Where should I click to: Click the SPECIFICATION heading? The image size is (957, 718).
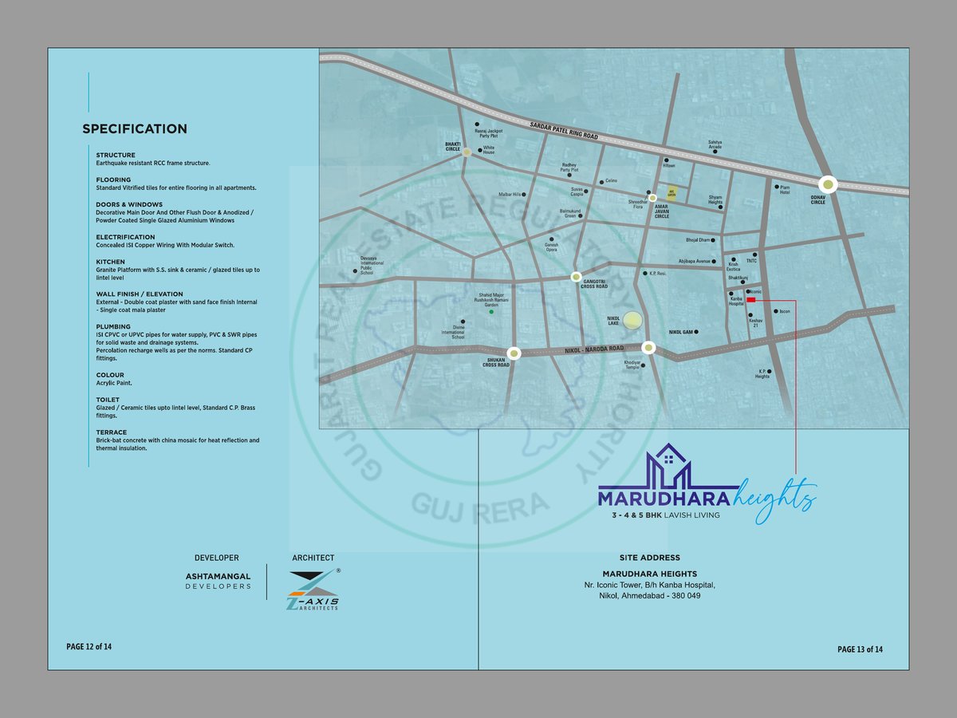[x=135, y=129]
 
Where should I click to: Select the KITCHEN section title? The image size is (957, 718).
[x=110, y=262]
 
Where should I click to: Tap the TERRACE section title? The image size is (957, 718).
[x=111, y=432]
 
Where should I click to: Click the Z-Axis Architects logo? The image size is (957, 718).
[x=313, y=590]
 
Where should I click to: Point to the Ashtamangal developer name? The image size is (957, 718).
[x=218, y=576]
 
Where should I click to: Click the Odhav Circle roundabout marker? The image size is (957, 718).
[x=828, y=185]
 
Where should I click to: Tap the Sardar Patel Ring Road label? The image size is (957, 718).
[x=564, y=131]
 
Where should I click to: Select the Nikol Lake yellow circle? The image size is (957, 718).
[x=632, y=321]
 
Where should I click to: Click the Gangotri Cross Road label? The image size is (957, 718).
[x=595, y=284]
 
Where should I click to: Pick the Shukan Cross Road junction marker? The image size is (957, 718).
[x=514, y=353]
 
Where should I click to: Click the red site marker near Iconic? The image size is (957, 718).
[x=750, y=301]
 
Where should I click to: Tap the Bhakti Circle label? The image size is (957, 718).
[x=453, y=146]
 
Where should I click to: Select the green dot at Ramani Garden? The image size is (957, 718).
[x=490, y=312]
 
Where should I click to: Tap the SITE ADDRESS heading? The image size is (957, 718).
[x=650, y=558]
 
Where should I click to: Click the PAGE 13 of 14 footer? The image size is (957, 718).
[x=860, y=649]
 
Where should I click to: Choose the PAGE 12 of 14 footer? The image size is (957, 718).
[x=89, y=646]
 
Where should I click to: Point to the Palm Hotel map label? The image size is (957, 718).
[x=785, y=190]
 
